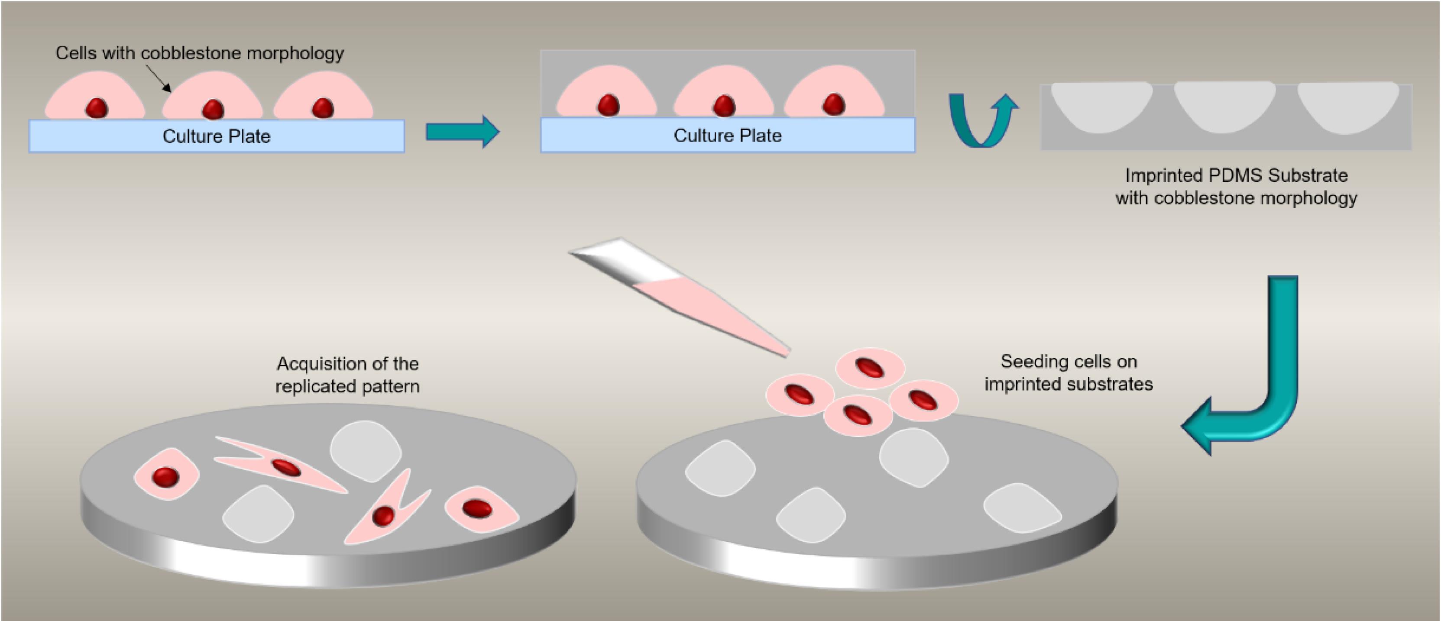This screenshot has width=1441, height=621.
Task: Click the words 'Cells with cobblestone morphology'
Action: point(199,53)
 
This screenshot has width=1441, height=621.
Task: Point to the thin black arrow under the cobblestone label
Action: point(159,78)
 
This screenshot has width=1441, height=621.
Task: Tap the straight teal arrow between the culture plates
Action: point(462,132)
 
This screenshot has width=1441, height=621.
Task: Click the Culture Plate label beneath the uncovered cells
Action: point(217,136)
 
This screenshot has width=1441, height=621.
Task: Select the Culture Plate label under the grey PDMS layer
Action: point(727,136)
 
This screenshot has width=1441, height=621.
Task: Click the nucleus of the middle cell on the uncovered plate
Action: point(213,109)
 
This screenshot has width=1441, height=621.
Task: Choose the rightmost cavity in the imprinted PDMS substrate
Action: point(1348,106)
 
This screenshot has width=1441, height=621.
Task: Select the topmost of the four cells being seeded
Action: point(870,368)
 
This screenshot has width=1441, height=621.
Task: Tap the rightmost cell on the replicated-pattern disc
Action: point(480,509)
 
